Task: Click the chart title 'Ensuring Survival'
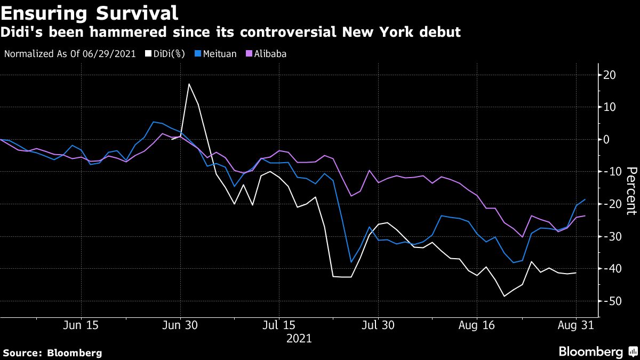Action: [x=90, y=11]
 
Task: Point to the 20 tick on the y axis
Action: [x=609, y=75]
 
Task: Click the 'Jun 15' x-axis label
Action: [x=81, y=325]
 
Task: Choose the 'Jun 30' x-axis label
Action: [x=180, y=325]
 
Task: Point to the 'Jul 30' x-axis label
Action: [x=378, y=325]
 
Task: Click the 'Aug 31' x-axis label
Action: [x=575, y=325]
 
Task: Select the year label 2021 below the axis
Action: [x=299, y=339]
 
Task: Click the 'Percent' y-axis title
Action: [x=631, y=190]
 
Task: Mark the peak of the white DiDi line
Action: [x=189, y=84]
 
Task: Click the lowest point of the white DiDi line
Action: [x=504, y=297]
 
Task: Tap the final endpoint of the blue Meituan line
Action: [x=585, y=199]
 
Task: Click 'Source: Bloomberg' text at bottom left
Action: [x=52, y=353]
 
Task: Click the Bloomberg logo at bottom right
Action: [x=597, y=351]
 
